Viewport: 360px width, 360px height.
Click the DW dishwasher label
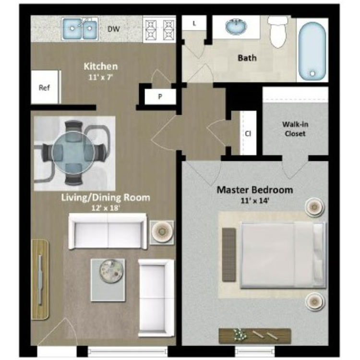pos(114,29)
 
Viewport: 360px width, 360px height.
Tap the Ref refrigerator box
pos(45,87)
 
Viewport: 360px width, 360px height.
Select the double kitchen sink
pos(80,29)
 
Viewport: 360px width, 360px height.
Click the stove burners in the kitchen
pos(159,29)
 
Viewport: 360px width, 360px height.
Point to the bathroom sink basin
pos(236,26)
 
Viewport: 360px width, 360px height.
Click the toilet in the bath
pos(278,32)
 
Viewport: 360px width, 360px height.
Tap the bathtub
pos(312,50)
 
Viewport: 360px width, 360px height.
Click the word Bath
pos(247,58)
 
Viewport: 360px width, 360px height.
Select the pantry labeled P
pos(160,96)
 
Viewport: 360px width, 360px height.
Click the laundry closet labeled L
pos(194,23)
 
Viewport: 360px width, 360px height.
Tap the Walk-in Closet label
pos(295,129)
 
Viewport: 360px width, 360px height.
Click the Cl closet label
pos(248,133)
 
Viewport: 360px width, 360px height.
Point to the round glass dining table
pos(73,153)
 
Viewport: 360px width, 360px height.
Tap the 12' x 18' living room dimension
pos(106,208)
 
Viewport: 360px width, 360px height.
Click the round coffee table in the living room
pos(111,271)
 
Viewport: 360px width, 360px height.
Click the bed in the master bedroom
pos(283,255)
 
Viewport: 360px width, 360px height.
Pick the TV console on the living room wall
pos(40,279)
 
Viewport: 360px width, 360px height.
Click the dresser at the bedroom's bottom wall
pos(255,336)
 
